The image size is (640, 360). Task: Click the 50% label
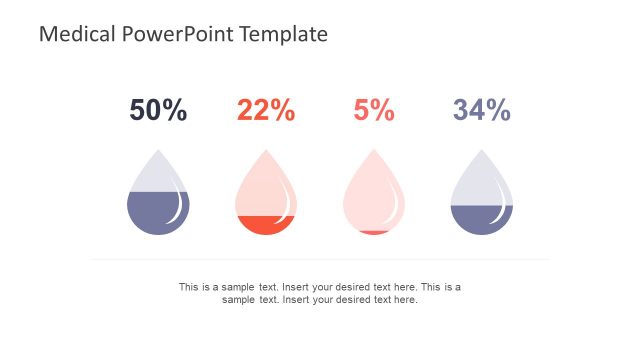pyautogui.click(x=158, y=110)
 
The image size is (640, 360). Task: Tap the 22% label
pyautogui.click(x=266, y=110)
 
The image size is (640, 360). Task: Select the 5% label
pyautogui.click(x=374, y=110)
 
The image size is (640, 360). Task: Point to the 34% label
pyautogui.click(x=482, y=110)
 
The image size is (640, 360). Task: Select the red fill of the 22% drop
pyautogui.click(x=264, y=225)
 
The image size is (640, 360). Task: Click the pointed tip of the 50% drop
pyautogui.click(x=158, y=151)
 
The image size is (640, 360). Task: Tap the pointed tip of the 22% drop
pyautogui.click(x=266, y=151)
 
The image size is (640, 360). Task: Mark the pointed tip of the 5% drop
pyautogui.click(x=374, y=151)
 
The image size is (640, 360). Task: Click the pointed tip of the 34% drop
pyautogui.click(x=482, y=151)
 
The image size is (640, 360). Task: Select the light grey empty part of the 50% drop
pyautogui.click(x=155, y=178)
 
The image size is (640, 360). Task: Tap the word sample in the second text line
pyautogui.click(x=238, y=299)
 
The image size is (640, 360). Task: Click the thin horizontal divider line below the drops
pyautogui.click(x=320, y=259)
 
